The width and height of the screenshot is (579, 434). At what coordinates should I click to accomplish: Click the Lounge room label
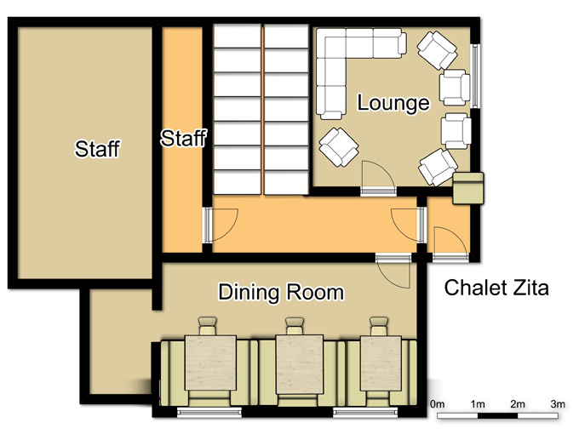(x=393, y=103)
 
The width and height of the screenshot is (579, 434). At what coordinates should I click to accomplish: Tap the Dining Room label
(x=281, y=292)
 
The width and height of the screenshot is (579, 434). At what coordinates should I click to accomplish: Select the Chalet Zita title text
(x=496, y=288)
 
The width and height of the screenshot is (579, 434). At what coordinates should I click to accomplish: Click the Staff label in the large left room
(x=97, y=149)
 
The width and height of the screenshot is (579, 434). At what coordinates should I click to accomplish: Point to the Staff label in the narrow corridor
(x=183, y=139)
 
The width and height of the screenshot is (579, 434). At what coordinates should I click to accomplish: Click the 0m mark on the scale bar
(x=437, y=404)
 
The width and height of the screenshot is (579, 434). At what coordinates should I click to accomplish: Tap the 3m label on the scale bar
(x=558, y=404)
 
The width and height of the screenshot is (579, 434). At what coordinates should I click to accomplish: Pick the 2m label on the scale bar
(x=518, y=404)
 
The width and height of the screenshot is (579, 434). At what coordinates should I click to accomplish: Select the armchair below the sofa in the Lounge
(x=339, y=147)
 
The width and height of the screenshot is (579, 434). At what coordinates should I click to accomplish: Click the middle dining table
(x=300, y=364)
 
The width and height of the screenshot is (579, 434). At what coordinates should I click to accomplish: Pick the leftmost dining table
(x=210, y=363)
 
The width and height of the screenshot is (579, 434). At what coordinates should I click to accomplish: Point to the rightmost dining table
(x=381, y=363)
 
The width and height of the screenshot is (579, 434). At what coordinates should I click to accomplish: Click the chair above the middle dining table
(x=295, y=326)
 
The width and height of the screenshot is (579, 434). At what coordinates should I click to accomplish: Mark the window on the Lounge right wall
(x=476, y=77)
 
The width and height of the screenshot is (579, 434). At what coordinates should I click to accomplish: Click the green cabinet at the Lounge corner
(x=468, y=188)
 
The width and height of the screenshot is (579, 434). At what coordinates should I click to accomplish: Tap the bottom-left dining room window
(x=209, y=412)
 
